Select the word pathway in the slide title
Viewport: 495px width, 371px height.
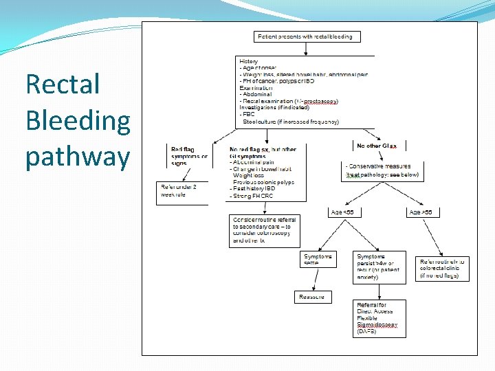77,157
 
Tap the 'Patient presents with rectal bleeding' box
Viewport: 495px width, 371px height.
305,36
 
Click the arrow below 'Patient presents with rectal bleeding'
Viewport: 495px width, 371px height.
305,49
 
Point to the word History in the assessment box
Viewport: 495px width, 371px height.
249,62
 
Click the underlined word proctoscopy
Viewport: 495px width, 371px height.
320,102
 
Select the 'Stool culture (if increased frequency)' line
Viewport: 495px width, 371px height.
291,122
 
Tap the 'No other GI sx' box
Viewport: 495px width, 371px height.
377,146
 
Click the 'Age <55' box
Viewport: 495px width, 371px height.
342,212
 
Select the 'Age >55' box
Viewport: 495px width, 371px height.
420,212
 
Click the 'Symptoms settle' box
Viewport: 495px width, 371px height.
318,260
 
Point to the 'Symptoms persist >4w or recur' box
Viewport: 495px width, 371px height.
378,267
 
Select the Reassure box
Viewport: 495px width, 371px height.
312,297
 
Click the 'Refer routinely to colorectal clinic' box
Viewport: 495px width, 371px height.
442,269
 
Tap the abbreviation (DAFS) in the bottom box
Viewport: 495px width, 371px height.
366,332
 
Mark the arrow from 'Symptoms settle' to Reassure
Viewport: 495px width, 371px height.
316,279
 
